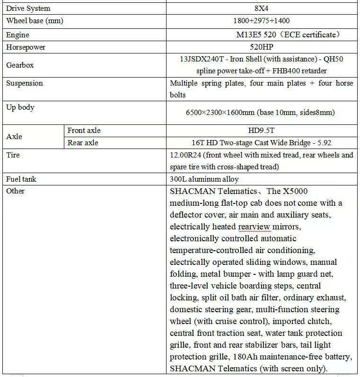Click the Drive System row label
click(x=28, y=9)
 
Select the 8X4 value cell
click(x=262, y=9)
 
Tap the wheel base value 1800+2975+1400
click(x=262, y=21)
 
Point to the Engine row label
click(x=18, y=35)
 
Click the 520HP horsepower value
click(x=262, y=47)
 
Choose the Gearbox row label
click(x=20, y=65)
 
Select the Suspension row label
click(x=25, y=83)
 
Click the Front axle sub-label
click(x=84, y=131)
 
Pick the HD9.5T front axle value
click(x=262, y=131)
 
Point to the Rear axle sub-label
click(x=83, y=142)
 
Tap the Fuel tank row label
click(x=21, y=179)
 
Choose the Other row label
click(x=15, y=191)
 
